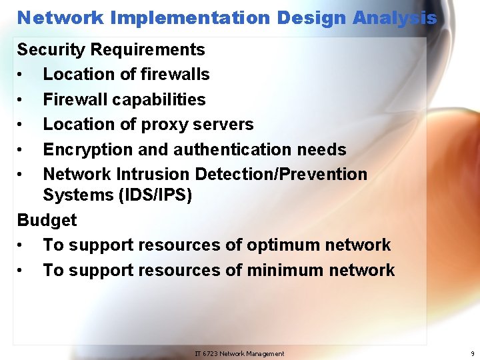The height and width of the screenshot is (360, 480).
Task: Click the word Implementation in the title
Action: click(191, 18)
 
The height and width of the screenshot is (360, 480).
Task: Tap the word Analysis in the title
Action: click(395, 18)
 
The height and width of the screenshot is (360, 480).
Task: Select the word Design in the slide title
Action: click(312, 18)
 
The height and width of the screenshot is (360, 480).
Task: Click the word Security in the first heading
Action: click(51, 49)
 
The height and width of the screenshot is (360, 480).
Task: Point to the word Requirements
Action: click(147, 49)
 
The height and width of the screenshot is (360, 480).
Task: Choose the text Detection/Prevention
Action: click(281, 174)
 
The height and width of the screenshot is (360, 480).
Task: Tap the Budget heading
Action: click(47, 220)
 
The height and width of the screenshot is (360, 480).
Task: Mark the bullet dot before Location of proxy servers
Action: click(22, 125)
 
